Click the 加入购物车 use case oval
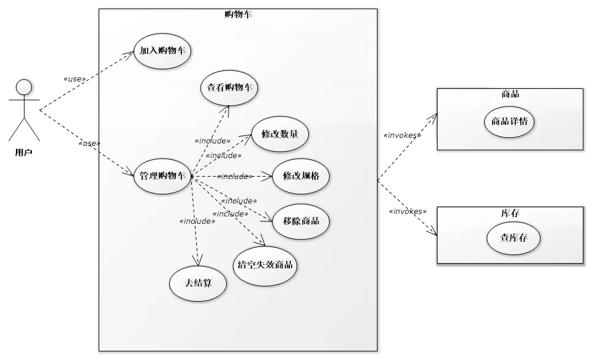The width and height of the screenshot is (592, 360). [x=162, y=51]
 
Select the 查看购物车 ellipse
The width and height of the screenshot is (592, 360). [x=229, y=88]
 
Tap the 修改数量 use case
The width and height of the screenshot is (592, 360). [x=279, y=134]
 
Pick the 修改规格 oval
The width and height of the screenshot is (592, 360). [x=301, y=175]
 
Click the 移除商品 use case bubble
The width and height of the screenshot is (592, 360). [x=301, y=221]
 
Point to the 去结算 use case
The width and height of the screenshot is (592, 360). [x=197, y=283]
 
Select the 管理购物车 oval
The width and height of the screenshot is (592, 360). [x=162, y=177]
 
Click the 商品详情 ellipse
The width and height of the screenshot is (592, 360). [x=509, y=121]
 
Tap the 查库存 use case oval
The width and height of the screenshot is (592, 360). [x=514, y=239]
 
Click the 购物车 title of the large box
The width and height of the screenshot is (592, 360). [x=238, y=14]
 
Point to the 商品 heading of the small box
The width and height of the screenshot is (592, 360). [x=510, y=94]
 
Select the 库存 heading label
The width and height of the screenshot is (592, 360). [x=510, y=213]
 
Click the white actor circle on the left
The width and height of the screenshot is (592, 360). [x=24, y=87]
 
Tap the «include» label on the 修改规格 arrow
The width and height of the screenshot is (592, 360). [x=234, y=177]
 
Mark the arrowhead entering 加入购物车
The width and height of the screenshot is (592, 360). [x=131, y=55]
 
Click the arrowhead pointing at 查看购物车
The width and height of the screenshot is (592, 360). [x=226, y=109]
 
